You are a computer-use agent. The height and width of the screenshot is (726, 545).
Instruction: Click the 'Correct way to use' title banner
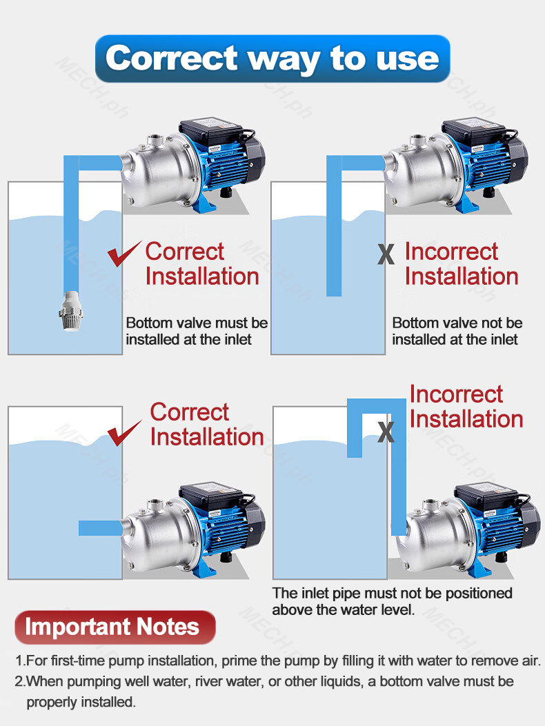[x=272, y=58]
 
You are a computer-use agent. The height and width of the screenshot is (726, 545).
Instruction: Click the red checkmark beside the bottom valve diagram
[x=123, y=254]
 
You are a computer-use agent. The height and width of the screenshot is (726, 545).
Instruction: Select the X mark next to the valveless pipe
[x=386, y=254]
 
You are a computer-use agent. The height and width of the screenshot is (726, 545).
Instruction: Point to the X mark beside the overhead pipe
[x=386, y=432]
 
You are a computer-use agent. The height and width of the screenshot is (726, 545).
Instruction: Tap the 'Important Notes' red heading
[x=115, y=627]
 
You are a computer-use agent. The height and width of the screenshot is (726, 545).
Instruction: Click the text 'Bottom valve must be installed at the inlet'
[x=197, y=331]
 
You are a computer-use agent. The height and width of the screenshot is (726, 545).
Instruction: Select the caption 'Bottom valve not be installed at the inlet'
[x=457, y=331]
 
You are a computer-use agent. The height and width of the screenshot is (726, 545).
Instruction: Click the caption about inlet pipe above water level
[x=392, y=601]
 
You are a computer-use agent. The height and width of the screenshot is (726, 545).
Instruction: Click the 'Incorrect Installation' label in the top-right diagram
[x=461, y=264]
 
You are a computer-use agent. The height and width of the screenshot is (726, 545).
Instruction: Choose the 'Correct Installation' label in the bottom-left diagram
[x=206, y=425]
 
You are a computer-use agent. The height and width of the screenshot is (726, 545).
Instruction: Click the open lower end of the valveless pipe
[x=334, y=292]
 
